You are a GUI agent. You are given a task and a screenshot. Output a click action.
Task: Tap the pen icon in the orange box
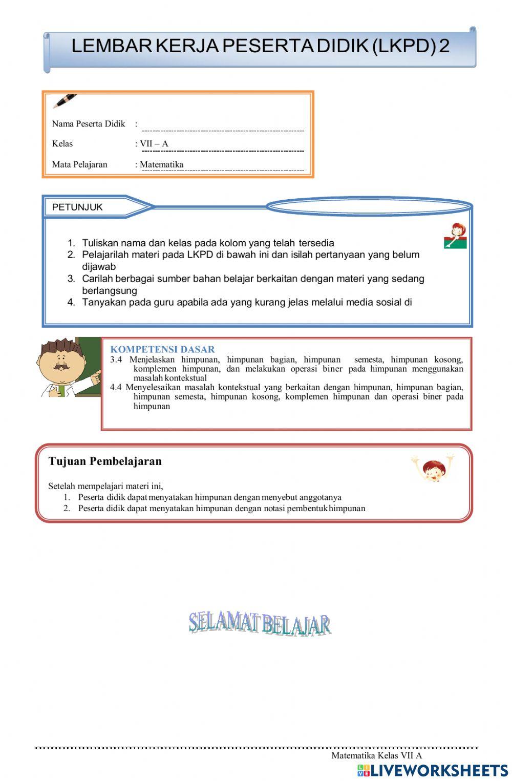tap(65, 101)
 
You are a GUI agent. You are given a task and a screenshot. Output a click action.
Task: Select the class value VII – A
tap(154, 144)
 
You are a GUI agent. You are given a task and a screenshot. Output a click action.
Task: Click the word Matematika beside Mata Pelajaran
tap(162, 164)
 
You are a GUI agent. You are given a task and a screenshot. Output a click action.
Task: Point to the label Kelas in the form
tap(62, 144)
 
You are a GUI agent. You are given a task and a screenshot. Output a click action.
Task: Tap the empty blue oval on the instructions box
tap(369, 206)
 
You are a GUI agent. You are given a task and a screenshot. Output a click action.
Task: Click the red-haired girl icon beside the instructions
tap(455, 236)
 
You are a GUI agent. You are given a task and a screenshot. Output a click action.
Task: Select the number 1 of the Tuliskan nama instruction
tap(71, 243)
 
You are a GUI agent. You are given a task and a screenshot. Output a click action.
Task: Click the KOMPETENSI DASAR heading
tap(162, 349)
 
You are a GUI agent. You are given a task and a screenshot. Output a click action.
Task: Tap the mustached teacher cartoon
tap(64, 368)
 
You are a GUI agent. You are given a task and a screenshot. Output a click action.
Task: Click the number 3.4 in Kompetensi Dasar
tap(116, 360)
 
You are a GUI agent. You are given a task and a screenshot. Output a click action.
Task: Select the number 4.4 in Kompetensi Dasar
tap(116, 387)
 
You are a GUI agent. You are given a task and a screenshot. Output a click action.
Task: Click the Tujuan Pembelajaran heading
tap(105, 461)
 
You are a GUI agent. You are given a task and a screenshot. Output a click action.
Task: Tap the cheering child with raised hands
tap(433, 467)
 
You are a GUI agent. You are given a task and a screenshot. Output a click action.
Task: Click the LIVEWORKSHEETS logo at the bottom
tap(433, 771)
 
